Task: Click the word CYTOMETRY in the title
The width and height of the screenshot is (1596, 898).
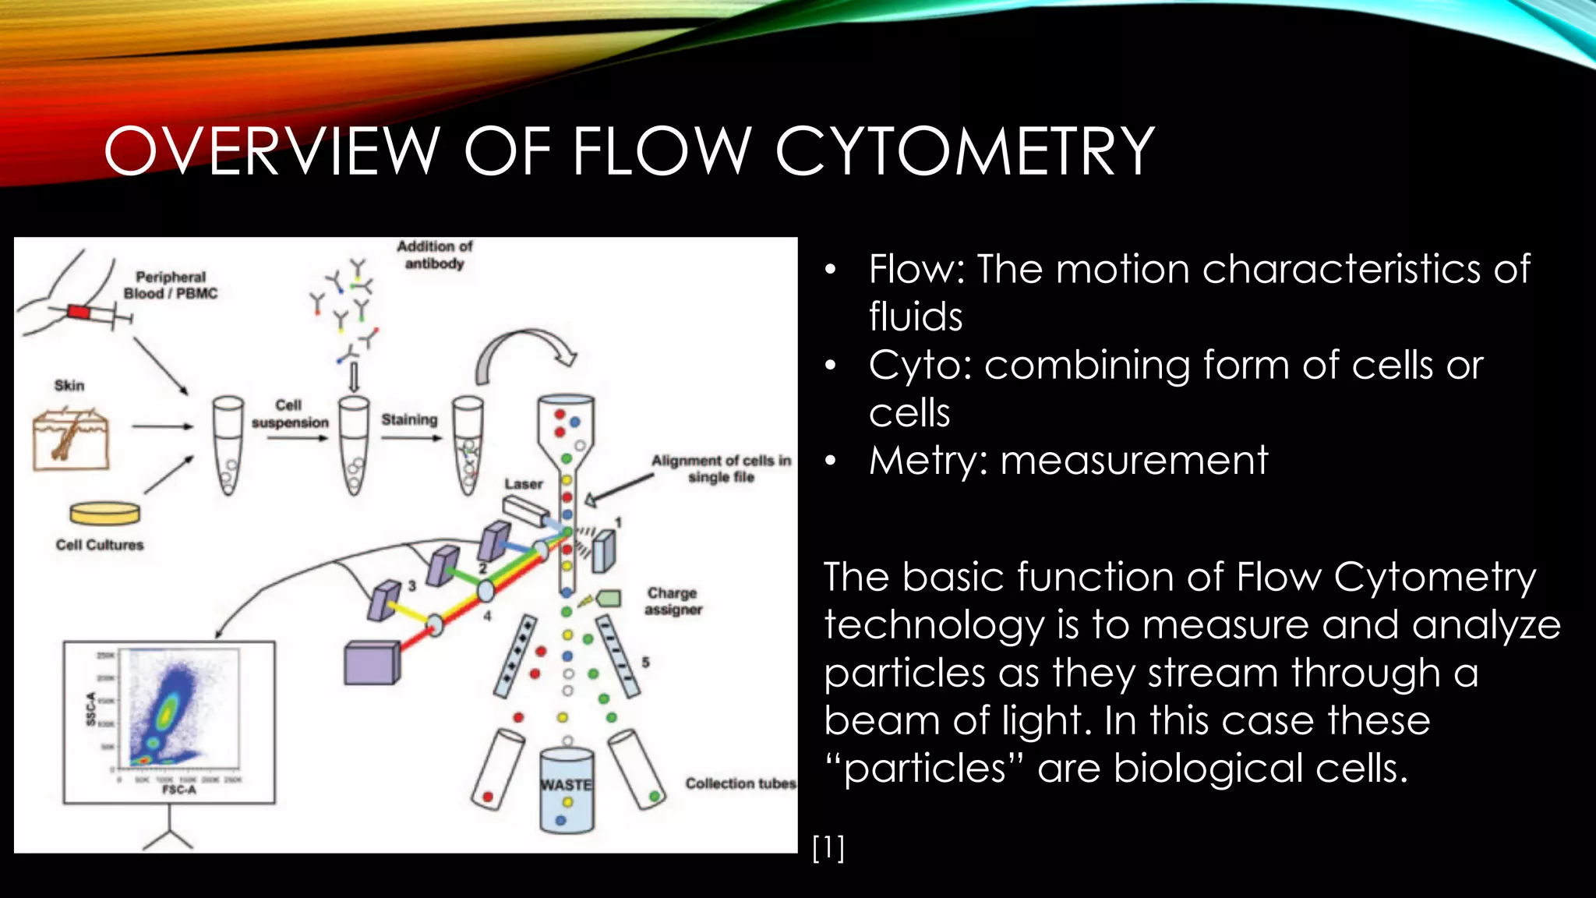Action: tap(964, 151)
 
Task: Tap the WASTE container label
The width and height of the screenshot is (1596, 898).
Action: tap(567, 784)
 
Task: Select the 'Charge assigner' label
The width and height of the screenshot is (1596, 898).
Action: tap(673, 601)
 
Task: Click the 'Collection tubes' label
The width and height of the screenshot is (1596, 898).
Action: tap(740, 783)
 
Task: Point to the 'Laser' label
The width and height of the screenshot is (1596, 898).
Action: tap(523, 484)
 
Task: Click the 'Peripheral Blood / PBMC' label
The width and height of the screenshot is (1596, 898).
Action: tap(171, 285)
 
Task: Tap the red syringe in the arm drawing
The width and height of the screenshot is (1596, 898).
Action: tap(79, 312)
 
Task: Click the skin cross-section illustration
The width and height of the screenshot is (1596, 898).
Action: tap(71, 440)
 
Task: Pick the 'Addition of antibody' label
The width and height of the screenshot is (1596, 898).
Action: tap(434, 255)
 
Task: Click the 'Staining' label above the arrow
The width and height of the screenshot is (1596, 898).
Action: tap(409, 419)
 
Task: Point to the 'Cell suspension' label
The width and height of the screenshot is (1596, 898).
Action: tap(290, 414)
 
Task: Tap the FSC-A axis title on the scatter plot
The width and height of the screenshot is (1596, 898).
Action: tap(178, 790)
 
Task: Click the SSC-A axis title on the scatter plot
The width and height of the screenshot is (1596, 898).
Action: tap(91, 709)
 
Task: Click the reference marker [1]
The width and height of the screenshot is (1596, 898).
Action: tap(828, 847)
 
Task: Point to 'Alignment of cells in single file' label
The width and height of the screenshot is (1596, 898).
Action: tap(721, 468)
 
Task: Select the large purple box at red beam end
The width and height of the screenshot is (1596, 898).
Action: tap(372, 663)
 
